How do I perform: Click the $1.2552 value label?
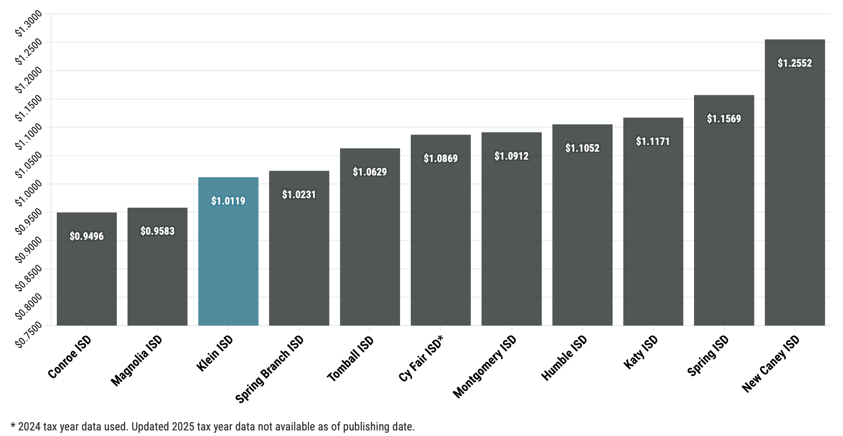[x=795, y=63]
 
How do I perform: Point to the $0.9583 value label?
[x=157, y=231]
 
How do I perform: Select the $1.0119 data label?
[x=228, y=201]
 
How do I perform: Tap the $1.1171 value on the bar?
[x=653, y=141]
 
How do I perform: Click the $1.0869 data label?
[x=441, y=158]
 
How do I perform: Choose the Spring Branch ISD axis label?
[x=270, y=369]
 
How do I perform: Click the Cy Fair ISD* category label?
[x=421, y=359]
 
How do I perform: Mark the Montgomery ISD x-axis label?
[x=485, y=367]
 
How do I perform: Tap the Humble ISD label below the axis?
[x=564, y=358]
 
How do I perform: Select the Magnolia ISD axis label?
[x=137, y=361]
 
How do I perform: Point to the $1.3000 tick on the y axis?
[x=28, y=24]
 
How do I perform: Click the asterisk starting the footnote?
[x=13, y=426]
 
